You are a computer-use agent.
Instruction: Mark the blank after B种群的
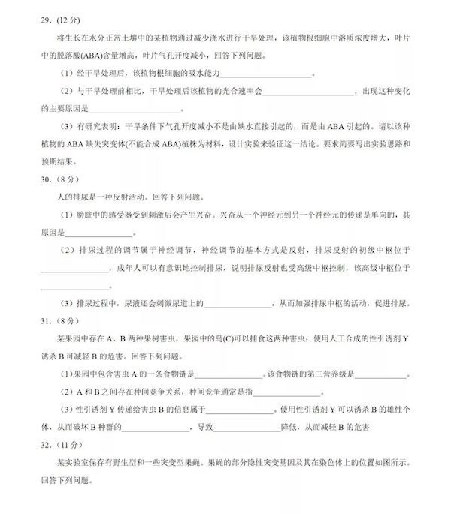tap(158, 428)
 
